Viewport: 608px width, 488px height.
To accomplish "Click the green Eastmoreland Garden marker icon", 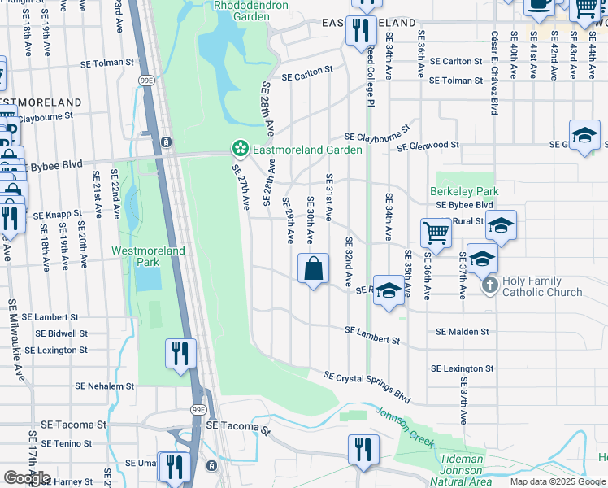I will coord(240,149).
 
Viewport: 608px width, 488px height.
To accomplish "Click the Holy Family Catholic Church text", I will coord(542,286).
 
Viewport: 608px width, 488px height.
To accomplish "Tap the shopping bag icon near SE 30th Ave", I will coord(314,268).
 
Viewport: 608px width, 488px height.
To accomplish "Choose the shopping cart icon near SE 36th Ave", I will coord(436,232).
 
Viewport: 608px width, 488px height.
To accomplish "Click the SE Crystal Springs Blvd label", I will coord(367,387).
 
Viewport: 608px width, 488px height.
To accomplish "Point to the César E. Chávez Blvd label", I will coord(493,72).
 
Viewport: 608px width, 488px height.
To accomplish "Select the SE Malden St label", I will coord(463,332).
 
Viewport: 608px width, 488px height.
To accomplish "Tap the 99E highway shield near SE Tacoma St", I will coord(198,411).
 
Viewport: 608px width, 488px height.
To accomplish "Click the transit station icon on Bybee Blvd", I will coord(166,142).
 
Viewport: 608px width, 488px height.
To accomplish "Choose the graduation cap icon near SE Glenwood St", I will coord(584,135).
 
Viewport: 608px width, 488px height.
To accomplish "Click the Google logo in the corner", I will coord(27,477).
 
